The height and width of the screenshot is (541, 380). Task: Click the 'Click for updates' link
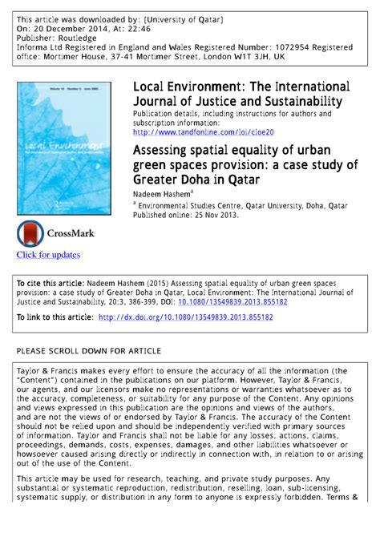click(48, 255)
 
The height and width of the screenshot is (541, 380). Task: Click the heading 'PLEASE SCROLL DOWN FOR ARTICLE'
click(89, 351)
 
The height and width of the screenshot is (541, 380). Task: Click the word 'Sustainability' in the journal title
click(296, 101)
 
